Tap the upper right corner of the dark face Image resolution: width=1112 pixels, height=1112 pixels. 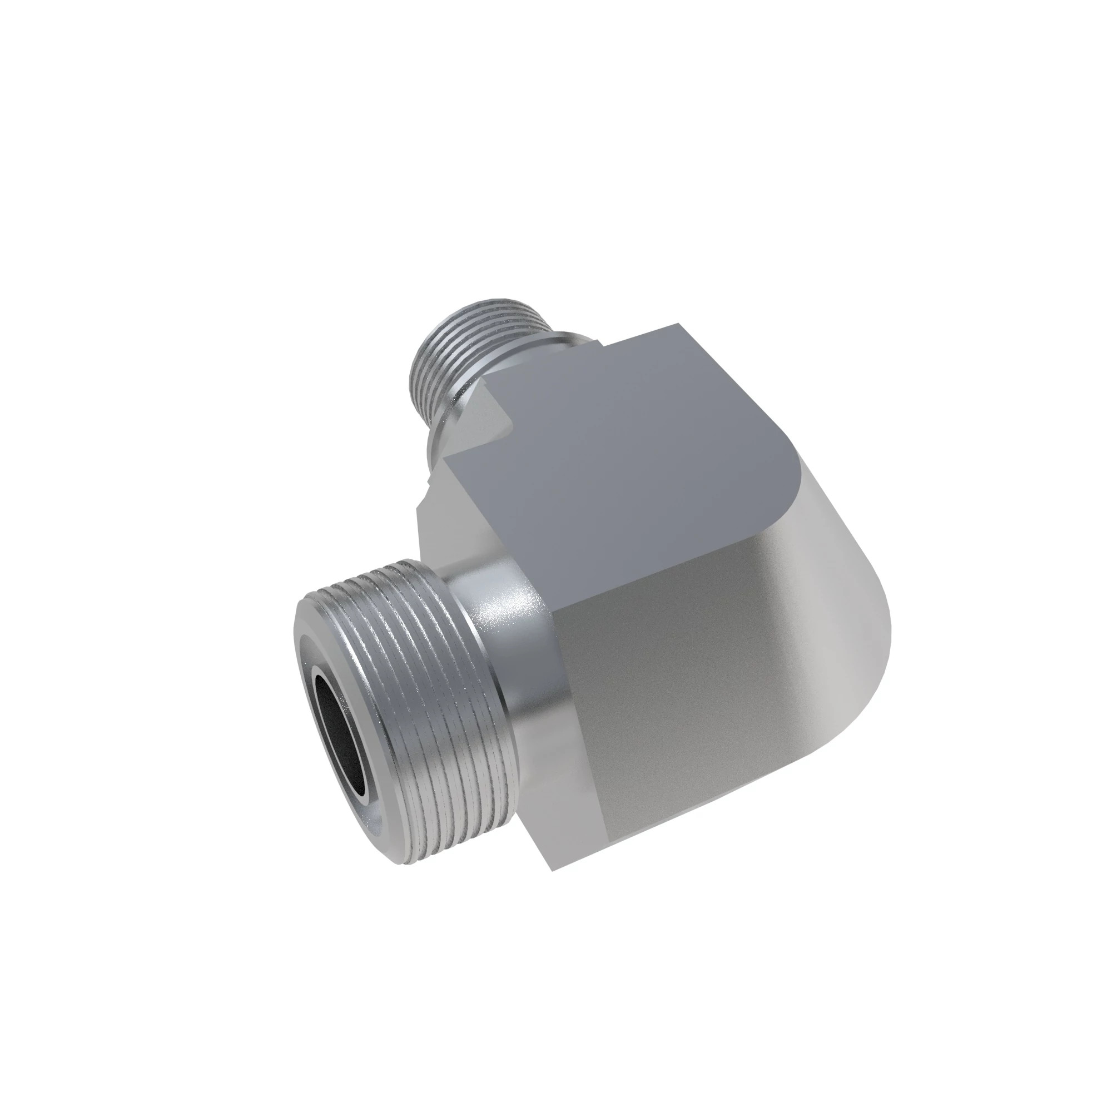pyautogui.click(x=679, y=326)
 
